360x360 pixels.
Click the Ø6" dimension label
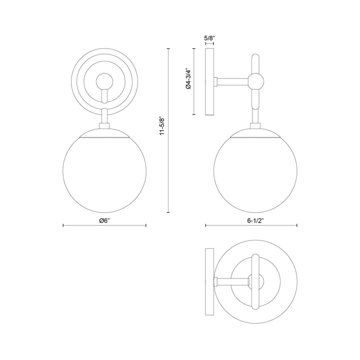(104, 220)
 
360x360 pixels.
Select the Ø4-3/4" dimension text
(188, 78)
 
